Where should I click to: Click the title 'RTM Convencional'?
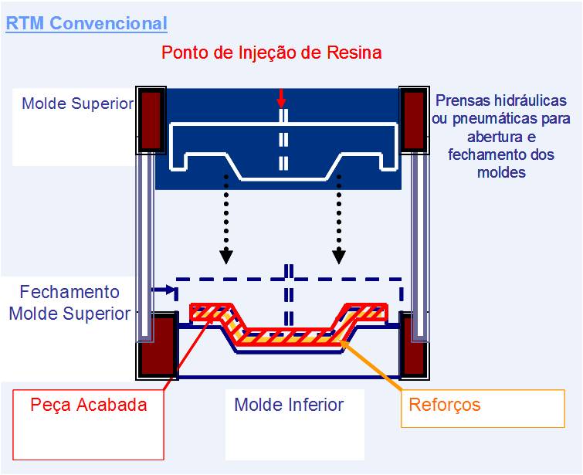tap(86, 23)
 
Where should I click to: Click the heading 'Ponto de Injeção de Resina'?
tap(272, 53)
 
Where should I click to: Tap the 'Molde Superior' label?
tap(77, 103)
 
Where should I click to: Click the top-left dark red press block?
tap(151, 120)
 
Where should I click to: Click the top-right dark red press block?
tap(414, 120)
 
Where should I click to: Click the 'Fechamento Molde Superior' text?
tap(69, 303)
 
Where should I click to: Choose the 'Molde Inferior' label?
tap(289, 405)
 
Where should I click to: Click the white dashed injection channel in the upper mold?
tap(283, 143)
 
